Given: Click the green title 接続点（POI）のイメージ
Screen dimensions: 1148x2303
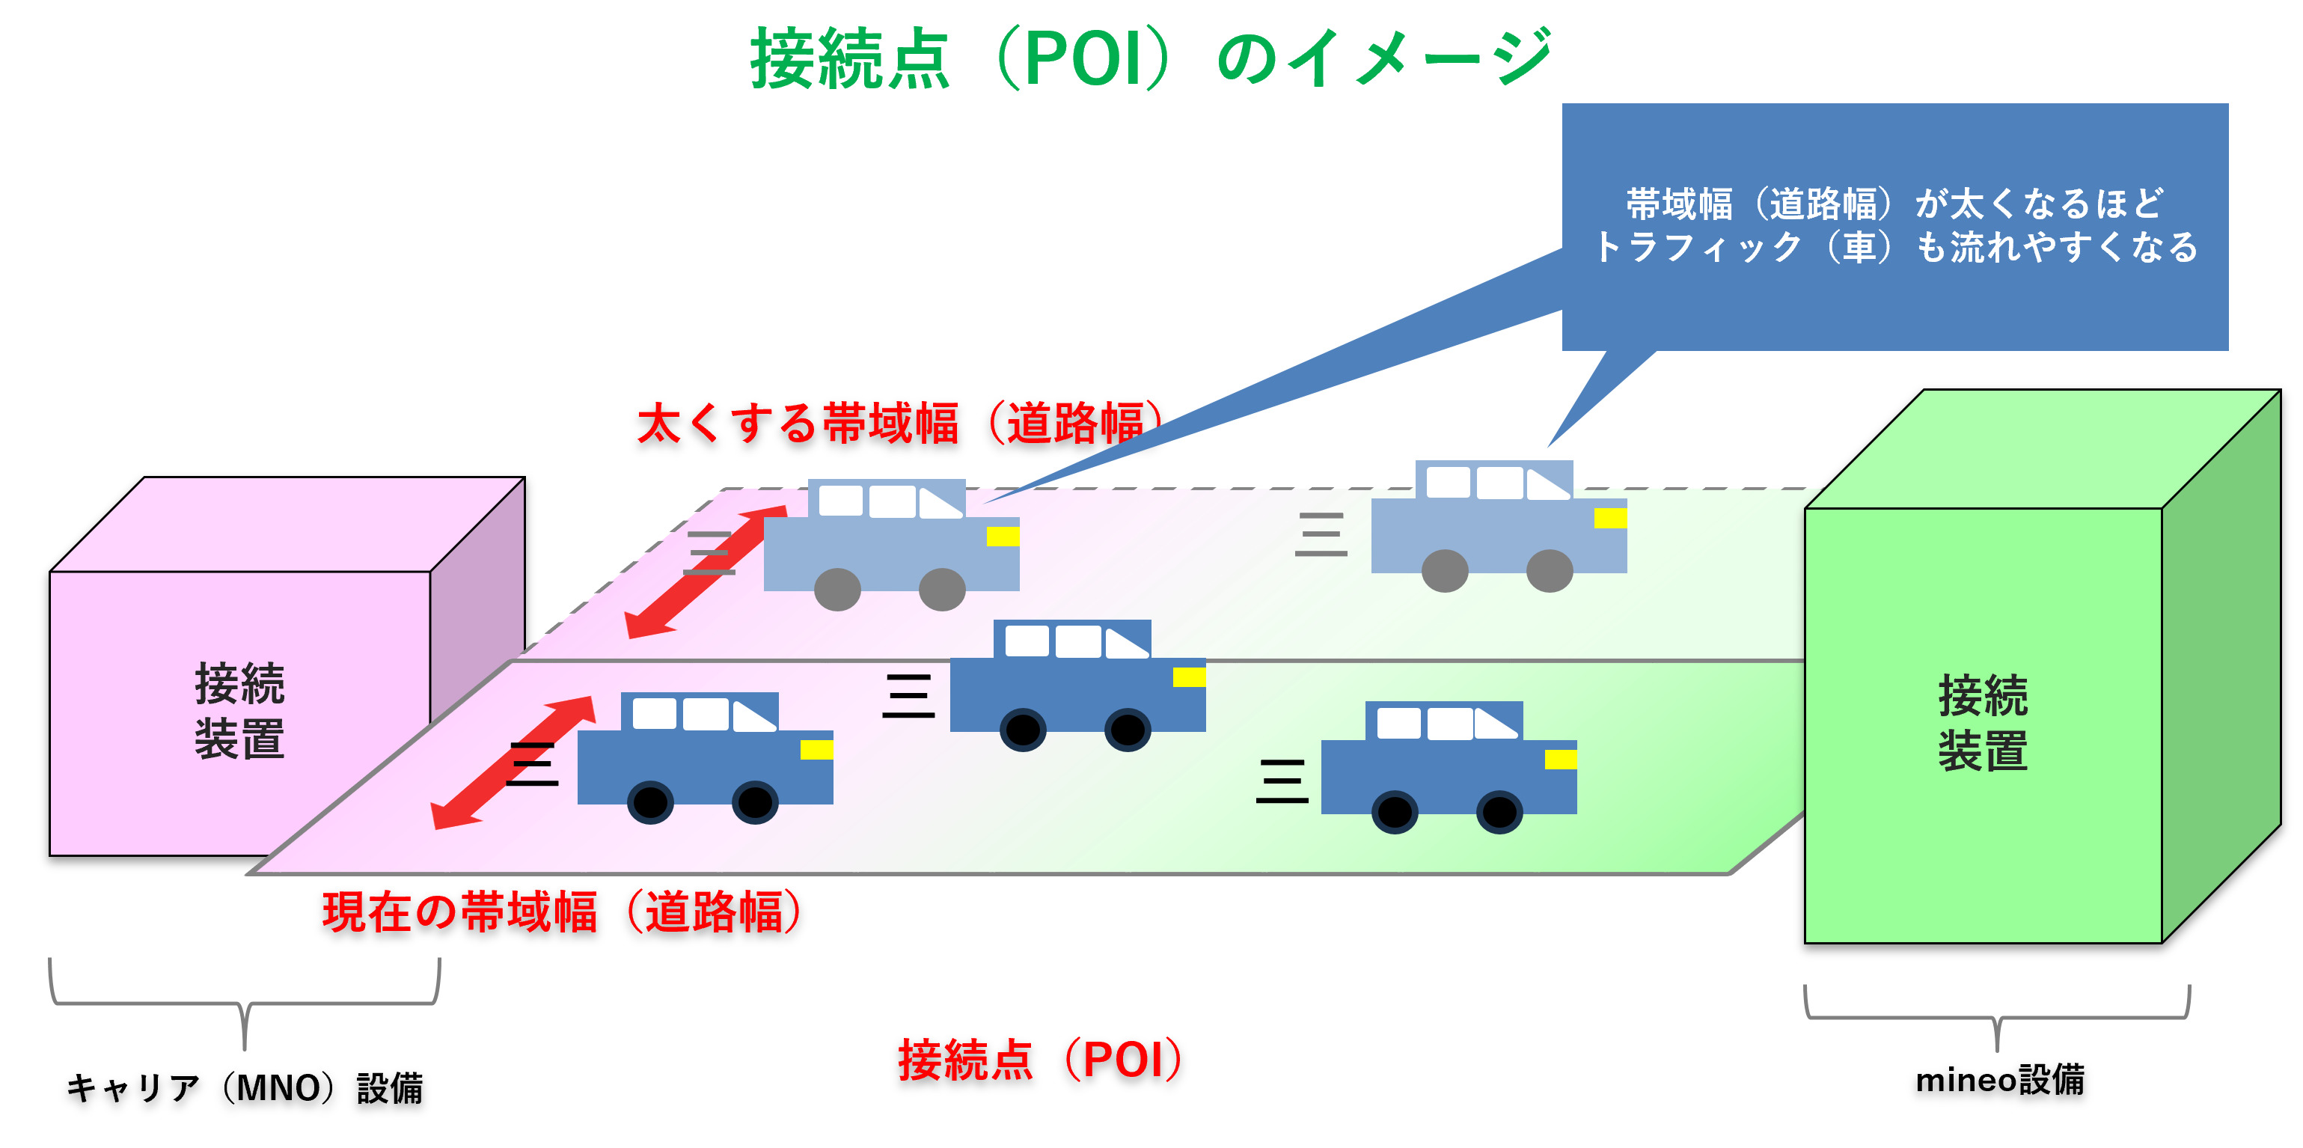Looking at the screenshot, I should pyautogui.click(x=1151, y=59).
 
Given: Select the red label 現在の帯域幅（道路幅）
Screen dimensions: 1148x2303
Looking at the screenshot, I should pyautogui.click(x=561, y=913).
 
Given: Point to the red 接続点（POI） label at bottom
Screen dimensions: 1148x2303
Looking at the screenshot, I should pyautogui.click(x=1040, y=1060).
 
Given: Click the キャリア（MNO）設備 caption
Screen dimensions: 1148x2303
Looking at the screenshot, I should pyautogui.click(x=244, y=1088).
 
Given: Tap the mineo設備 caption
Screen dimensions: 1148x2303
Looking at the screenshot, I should pyautogui.click(x=1999, y=1080).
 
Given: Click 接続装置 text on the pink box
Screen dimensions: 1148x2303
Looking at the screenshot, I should pyautogui.click(x=239, y=712).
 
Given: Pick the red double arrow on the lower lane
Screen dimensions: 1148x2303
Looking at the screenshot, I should pyautogui.click(x=513, y=763).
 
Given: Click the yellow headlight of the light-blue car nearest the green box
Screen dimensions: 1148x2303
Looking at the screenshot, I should pyautogui.click(x=1610, y=518).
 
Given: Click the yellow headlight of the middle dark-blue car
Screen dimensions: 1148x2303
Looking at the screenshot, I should pyautogui.click(x=1188, y=677).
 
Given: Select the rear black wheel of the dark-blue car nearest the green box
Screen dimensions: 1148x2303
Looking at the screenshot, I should pyautogui.click(x=1395, y=812).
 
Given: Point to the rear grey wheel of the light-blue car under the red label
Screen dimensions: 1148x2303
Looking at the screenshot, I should pyautogui.click(x=838, y=589).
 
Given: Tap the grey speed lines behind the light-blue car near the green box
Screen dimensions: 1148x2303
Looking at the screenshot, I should pyautogui.click(x=1321, y=534).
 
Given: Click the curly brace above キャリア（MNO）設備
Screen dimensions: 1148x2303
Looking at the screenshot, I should pyautogui.click(x=244, y=1005).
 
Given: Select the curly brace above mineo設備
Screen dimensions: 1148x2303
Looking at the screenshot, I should pyautogui.click(x=1997, y=1019).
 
